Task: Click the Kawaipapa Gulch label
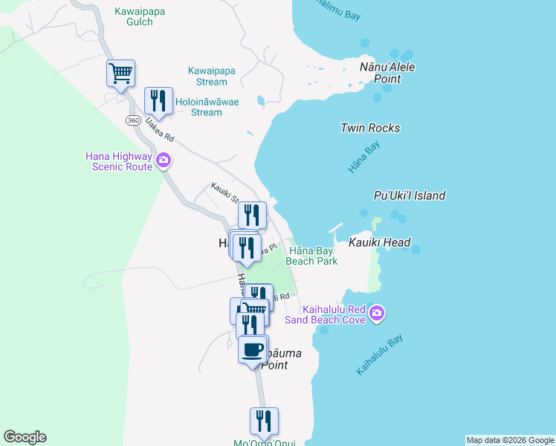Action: [x=135, y=16]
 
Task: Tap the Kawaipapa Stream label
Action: [x=212, y=77]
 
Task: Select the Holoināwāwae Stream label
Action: [x=207, y=107]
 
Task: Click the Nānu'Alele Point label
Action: [x=387, y=73]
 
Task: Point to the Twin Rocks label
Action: [x=370, y=128]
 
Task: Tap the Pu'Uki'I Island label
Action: [x=409, y=195]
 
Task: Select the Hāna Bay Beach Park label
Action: [x=312, y=256]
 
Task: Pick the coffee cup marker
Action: [x=253, y=349]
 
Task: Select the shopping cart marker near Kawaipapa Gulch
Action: [x=120, y=73]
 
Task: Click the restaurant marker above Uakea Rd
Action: [x=158, y=100]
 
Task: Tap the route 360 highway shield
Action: [x=133, y=120]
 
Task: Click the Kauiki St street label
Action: [x=223, y=193]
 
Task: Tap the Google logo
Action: [x=25, y=437]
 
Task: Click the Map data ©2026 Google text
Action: [x=510, y=440]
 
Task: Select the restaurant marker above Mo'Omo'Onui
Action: [x=264, y=421]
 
